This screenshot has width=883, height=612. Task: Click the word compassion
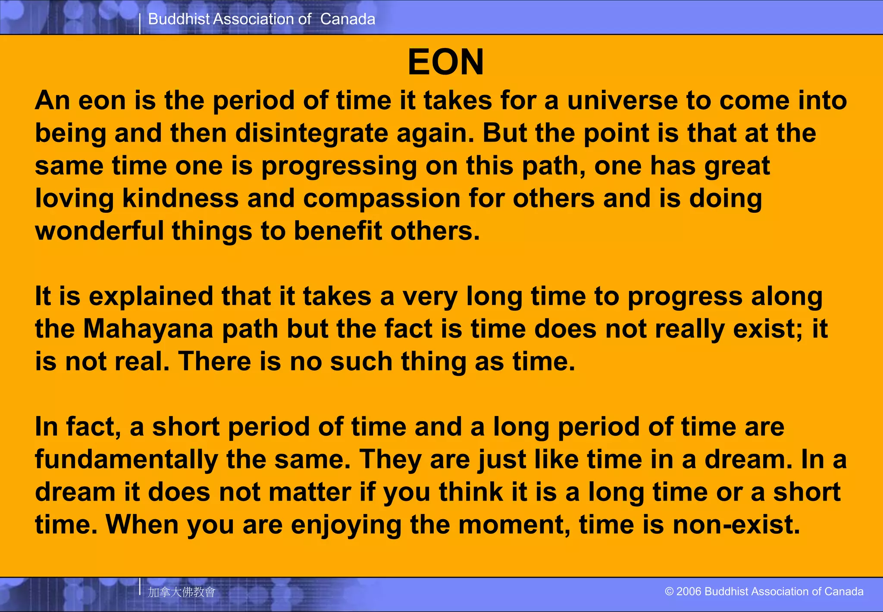coord(382,199)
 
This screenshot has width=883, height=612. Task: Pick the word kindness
coord(180,199)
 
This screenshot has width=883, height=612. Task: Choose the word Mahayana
coord(148,329)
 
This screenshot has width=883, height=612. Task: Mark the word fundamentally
coord(126,459)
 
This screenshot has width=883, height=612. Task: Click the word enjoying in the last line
coord(346,525)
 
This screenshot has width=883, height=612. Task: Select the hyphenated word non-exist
coord(736,525)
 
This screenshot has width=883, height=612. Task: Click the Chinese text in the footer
coord(182,592)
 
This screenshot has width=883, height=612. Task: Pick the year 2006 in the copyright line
coord(689,591)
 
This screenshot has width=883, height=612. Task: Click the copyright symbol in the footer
coord(669,591)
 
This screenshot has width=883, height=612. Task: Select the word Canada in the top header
coord(348,19)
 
